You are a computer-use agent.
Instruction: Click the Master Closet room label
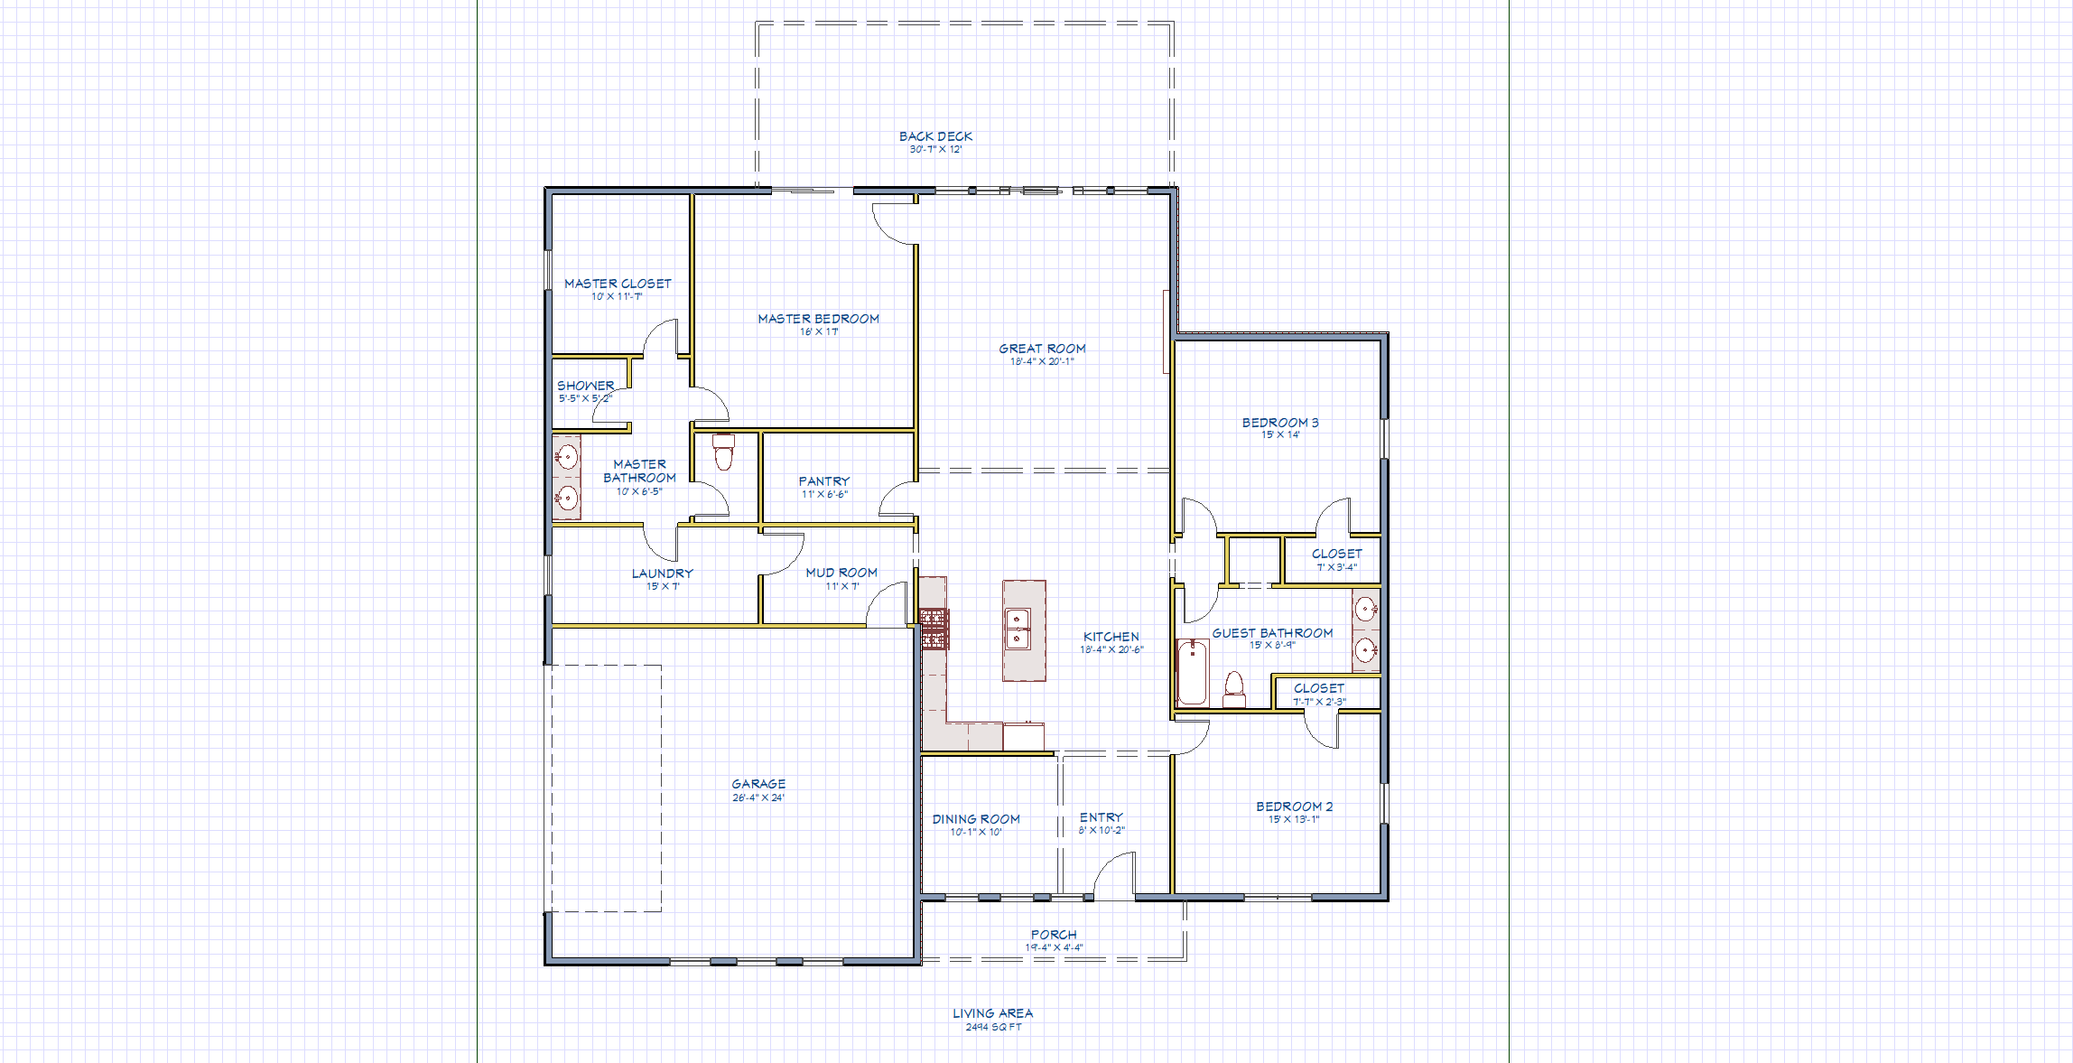coord(618,284)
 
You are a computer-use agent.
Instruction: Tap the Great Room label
coord(1042,349)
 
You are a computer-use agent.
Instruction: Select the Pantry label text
coord(823,481)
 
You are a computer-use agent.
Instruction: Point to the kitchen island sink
coord(1018,629)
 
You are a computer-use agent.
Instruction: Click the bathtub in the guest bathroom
coord(1193,672)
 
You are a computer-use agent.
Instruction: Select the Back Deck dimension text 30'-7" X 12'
coord(935,150)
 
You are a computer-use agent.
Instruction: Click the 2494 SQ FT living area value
coord(993,1027)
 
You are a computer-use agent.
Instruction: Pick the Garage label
coord(758,784)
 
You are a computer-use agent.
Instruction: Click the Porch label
coord(1054,935)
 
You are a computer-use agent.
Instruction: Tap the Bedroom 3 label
coord(1280,423)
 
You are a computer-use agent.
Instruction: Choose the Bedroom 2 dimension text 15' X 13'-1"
coord(1294,820)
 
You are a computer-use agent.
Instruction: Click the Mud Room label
coord(841,573)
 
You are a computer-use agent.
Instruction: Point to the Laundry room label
coord(663,573)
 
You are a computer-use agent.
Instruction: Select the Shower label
coord(585,386)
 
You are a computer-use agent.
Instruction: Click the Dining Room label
coord(976,819)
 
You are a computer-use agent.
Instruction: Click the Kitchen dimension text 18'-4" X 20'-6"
coord(1111,650)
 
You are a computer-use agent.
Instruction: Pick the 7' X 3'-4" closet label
coord(1336,567)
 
